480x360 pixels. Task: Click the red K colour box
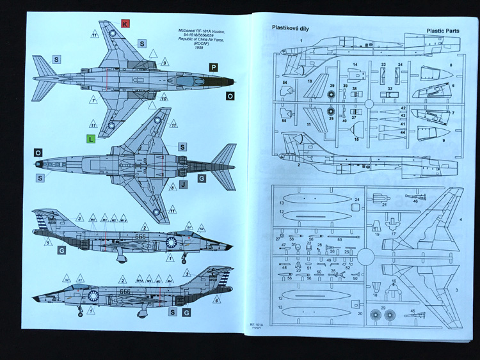pos(125,23)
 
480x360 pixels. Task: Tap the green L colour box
pos(92,139)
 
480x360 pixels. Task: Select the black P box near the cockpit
pos(213,67)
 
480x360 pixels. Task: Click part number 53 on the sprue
pos(339,239)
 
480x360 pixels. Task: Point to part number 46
pos(415,200)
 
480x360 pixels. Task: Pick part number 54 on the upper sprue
pos(284,83)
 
